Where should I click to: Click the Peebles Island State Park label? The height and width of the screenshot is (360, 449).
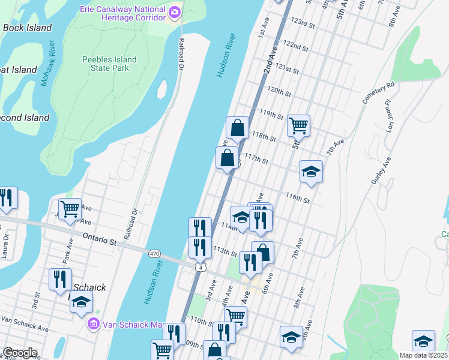click(110, 64)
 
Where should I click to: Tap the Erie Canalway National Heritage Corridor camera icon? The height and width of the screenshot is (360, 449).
click(175, 11)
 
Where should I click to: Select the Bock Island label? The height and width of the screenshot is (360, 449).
click(27, 28)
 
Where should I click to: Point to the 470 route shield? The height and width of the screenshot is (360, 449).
click(154, 254)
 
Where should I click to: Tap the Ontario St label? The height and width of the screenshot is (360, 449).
click(99, 239)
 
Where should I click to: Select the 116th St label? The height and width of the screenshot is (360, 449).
click(297, 197)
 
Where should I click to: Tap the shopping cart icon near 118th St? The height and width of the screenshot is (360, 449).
click(298, 125)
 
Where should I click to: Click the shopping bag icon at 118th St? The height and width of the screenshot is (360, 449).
click(237, 127)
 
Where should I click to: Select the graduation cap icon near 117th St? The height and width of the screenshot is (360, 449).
click(311, 171)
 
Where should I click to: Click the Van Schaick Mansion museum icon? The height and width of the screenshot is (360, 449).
click(94, 325)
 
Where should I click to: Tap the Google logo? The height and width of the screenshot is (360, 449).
click(20, 353)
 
